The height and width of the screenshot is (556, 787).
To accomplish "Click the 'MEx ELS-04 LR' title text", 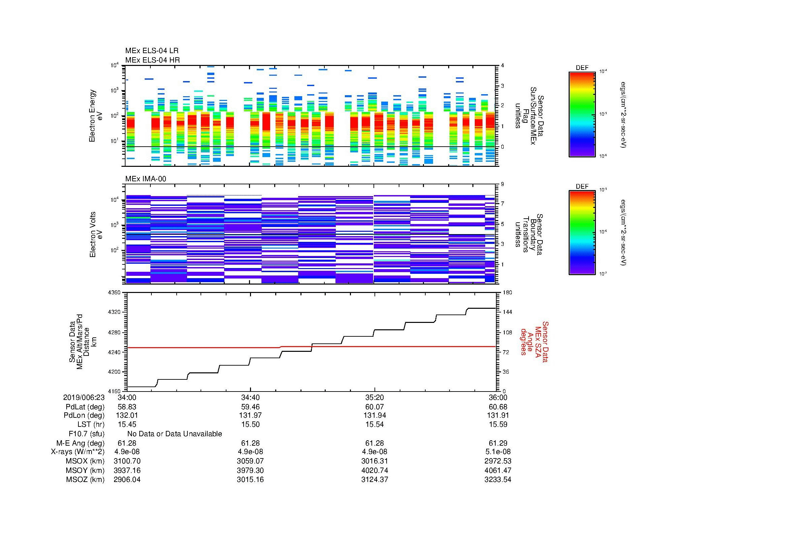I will tap(151, 51).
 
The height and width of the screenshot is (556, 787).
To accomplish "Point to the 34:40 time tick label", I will tap(250, 397).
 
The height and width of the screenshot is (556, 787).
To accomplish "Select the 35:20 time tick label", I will tap(374, 397).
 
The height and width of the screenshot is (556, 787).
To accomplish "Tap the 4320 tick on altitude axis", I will tap(114, 312).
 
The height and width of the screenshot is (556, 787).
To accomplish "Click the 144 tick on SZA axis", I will tap(507, 312).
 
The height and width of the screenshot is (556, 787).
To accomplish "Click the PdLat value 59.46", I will tap(250, 407).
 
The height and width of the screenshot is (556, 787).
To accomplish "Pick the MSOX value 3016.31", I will tap(374, 461).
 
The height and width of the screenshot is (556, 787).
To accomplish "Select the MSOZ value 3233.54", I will tap(498, 480).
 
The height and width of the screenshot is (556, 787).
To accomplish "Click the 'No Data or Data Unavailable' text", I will tap(175, 434).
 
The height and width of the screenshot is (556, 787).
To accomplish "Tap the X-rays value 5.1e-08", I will tap(498, 452).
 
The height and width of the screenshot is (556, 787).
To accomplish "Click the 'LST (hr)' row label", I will tap(91, 424).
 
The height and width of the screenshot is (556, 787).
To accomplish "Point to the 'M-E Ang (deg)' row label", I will tap(80, 443).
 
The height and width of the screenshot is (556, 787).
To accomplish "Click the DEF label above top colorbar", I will tap(582, 68).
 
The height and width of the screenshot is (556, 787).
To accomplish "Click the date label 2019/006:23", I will tap(84, 397).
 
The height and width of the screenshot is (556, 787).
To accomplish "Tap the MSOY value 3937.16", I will tap(127, 470).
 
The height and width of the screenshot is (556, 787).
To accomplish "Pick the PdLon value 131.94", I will tap(374, 415).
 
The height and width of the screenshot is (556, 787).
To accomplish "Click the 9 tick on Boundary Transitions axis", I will tap(502, 184).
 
